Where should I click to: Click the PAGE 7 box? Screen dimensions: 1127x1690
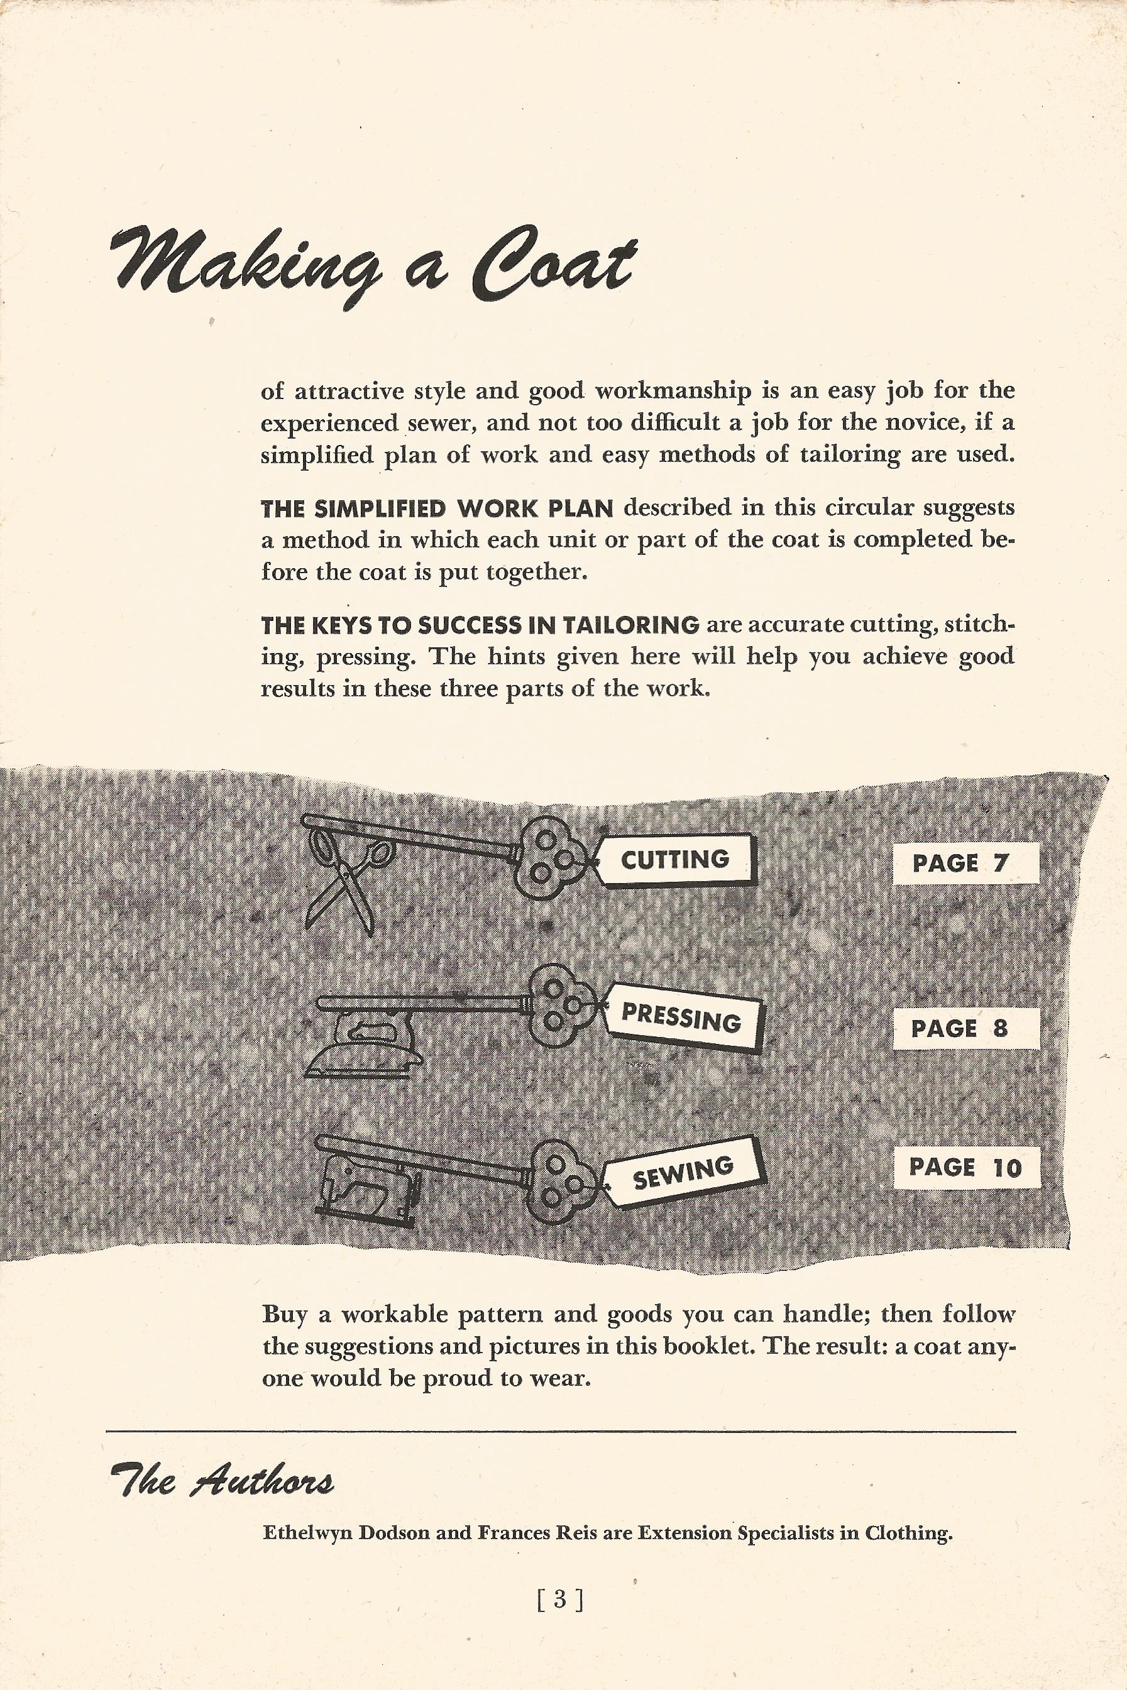point(966,863)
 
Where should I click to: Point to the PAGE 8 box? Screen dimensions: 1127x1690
point(966,1028)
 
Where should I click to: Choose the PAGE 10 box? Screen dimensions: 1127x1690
point(966,1168)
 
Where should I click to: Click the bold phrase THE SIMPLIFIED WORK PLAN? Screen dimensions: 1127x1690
point(437,508)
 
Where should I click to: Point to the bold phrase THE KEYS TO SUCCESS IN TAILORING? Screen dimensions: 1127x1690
point(480,625)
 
